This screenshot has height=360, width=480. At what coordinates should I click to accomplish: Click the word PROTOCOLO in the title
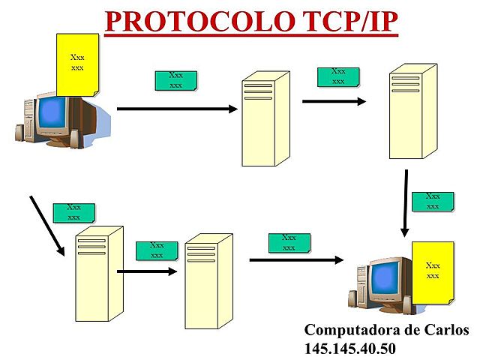(x=180, y=22)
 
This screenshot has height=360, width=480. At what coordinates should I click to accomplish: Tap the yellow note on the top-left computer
(x=77, y=64)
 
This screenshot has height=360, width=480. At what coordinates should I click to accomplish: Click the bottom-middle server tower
(x=208, y=280)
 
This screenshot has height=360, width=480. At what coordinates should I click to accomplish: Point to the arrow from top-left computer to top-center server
(x=176, y=109)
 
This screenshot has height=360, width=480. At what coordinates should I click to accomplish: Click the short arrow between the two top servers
(x=334, y=100)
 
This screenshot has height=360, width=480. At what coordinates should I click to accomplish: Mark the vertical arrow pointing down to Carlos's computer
(x=405, y=202)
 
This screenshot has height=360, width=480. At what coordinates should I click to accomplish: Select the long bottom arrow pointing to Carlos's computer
(x=296, y=260)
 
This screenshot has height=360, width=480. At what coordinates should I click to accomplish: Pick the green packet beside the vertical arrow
(x=433, y=202)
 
